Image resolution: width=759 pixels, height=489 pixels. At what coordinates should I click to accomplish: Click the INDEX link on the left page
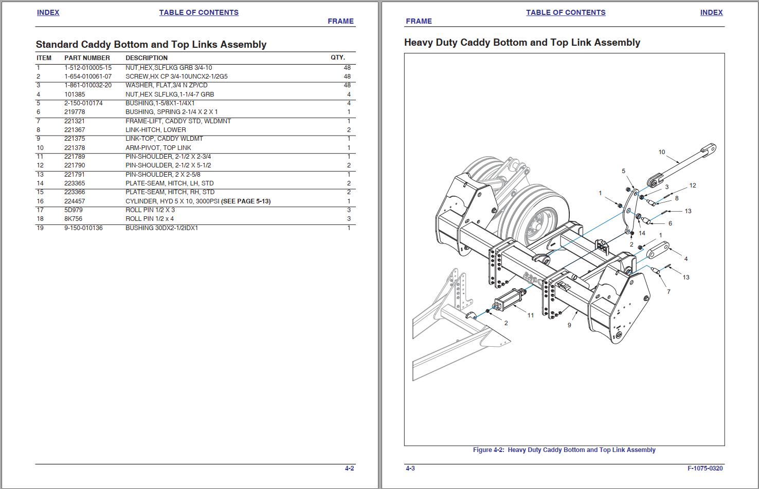tap(48, 12)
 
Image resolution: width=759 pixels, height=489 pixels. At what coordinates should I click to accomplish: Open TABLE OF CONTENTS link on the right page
tap(565, 12)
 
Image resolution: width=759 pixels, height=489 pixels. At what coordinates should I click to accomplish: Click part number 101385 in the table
tap(75, 95)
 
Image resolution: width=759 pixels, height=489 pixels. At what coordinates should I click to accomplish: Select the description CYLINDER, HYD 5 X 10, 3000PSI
tap(173, 201)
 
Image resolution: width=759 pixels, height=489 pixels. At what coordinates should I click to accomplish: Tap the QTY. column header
tap(338, 58)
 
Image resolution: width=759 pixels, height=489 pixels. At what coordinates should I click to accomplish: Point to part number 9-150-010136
tap(83, 228)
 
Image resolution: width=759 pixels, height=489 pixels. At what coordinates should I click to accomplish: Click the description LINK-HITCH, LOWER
tap(155, 130)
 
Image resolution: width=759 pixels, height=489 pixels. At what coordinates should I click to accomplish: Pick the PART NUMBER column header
tap(87, 58)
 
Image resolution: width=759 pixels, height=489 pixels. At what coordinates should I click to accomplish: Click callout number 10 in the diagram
tap(661, 152)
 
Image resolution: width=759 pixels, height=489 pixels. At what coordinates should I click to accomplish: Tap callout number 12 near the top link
tap(693, 185)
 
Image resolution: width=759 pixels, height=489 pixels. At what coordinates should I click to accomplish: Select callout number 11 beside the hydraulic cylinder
tap(530, 315)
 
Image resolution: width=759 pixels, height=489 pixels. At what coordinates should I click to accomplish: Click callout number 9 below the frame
tap(569, 325)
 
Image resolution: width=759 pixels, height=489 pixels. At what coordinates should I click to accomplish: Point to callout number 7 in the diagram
tap(668, 292)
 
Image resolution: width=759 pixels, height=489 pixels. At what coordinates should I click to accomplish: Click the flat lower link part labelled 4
tap(658, 252)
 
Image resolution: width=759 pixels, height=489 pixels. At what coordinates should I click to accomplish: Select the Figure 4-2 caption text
tap(564, 450)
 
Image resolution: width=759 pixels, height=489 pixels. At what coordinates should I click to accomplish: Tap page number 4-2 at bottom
tap(349, 468)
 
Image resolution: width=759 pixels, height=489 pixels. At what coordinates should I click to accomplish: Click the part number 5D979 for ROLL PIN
tap(73, 210)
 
